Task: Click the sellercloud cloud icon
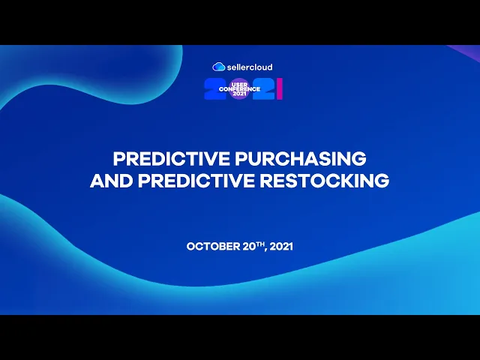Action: tap(219, 67)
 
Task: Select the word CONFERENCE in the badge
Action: tap(239, 89)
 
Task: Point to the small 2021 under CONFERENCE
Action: tap(239, 94)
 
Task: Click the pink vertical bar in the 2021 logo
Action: tap(280, 89)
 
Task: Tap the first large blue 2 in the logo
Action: tap(216, 89)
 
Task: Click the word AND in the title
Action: tap(106, 181)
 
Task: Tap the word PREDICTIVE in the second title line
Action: tap(179, 181)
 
